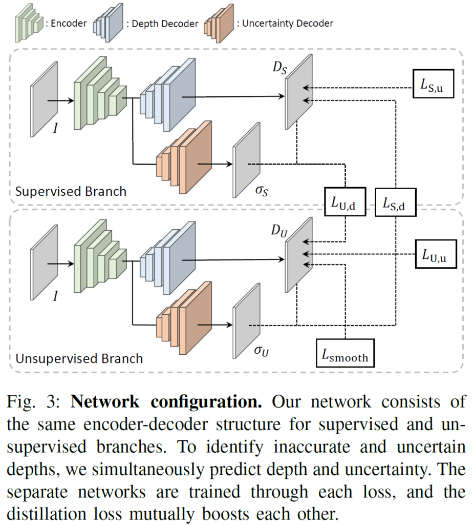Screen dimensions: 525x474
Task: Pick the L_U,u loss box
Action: point(434,254)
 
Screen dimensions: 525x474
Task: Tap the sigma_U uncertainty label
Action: point(261,353)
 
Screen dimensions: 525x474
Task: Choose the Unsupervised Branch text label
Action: point(79,358)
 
